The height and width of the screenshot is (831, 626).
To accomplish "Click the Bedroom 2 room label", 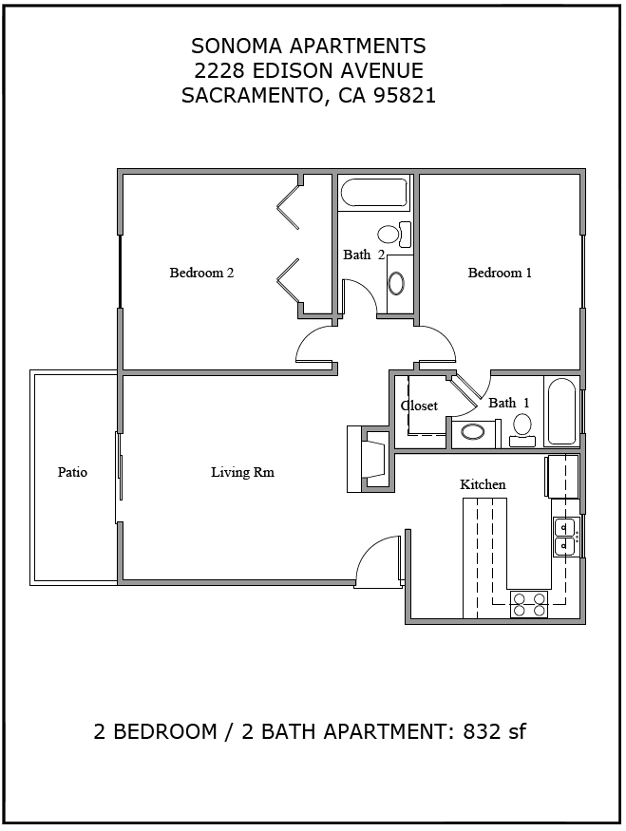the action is pyautogui.click(x=201, y=273).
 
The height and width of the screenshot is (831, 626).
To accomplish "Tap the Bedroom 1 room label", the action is pyautogui.click(x=500, y=273).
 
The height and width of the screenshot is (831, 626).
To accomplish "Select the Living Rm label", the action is pyautogui.click(x=243, y=472).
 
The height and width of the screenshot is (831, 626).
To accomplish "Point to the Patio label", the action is pyautogui.click(x=72, y=472).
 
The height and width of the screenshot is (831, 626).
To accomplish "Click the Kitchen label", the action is pyautogui.click(x=483, y=484).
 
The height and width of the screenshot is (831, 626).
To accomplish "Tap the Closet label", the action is pyautogui.click(x=419, y=406).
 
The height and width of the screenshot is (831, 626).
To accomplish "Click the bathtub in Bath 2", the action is pyautogui.click(x=373, y=193).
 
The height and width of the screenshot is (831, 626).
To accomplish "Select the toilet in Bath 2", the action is pyautogui.click(x=395, y=235).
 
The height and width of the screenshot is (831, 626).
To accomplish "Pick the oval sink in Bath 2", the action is pyautogui.click(x=395, y=284).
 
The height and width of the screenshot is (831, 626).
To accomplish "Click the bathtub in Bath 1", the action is pyautogui.click(x=561, y=410).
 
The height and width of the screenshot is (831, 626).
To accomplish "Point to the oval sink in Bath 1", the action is pyautogui.click(x=472, y=432).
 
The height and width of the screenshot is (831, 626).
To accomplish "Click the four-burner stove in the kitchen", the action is pyautogui.click(x=529, y=604).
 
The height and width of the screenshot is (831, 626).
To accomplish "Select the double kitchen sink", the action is pyautogui.click(x=565, y=537).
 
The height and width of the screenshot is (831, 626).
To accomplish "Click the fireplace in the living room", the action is pyautogui.click(x=370, y=459).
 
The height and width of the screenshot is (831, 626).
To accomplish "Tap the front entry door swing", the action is pyautogui.click(x=378, y=559).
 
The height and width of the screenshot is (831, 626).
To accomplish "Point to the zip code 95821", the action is pyautogui.click(x=405, y=95).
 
